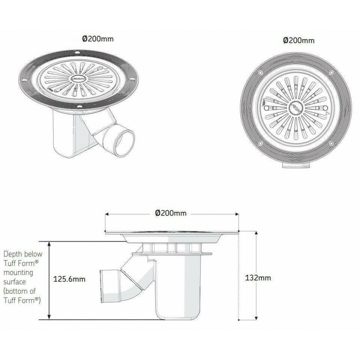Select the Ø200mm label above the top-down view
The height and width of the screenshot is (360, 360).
coord(298,40)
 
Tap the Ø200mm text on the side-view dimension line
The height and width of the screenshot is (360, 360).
coord(171,213)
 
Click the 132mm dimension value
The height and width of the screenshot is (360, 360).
coord(258,278)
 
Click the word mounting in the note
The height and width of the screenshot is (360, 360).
coord(18,272)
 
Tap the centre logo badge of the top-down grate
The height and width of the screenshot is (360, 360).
coord(296,109)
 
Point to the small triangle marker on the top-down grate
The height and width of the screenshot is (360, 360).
coord(327,113)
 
